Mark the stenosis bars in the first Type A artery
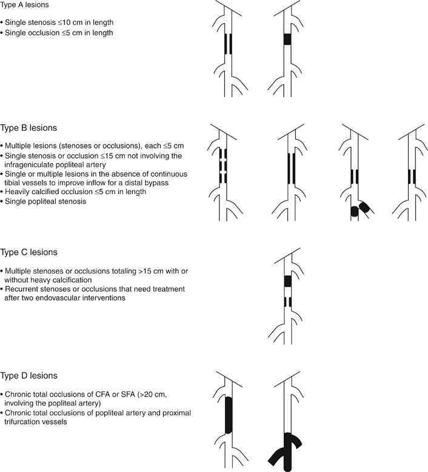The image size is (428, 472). pos(228,44)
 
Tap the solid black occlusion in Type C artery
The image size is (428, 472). pos(287,282)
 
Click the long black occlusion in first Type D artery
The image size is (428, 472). pos(228,416)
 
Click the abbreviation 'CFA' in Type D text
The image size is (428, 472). pos(93,394)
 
